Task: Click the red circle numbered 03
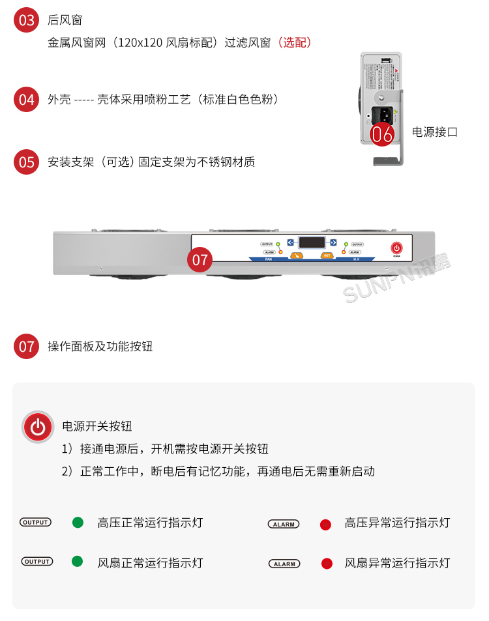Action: tap(27, 20)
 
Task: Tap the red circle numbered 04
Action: tap(27, 99)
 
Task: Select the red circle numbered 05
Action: tap(27, 161)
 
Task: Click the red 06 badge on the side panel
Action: tap(383, 134)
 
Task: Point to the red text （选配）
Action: tap(295, 43)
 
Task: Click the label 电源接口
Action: tap(435, 132)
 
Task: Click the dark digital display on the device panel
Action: tap(312, 242)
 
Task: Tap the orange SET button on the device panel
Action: tap(327, 255)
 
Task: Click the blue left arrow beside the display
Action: tap(290, 242)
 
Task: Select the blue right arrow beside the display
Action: tap(333, 242)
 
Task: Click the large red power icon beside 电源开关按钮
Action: tap(38, 427)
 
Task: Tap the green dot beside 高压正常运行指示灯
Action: tap(78, 523)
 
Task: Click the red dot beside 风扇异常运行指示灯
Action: tap(327, 564)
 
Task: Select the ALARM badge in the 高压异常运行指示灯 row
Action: tap(284, 524)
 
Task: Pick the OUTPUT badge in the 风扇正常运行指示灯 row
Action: tap(37, 562)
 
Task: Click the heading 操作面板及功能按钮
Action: tap(100, 346)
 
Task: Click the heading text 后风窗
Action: tap(65, 21)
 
